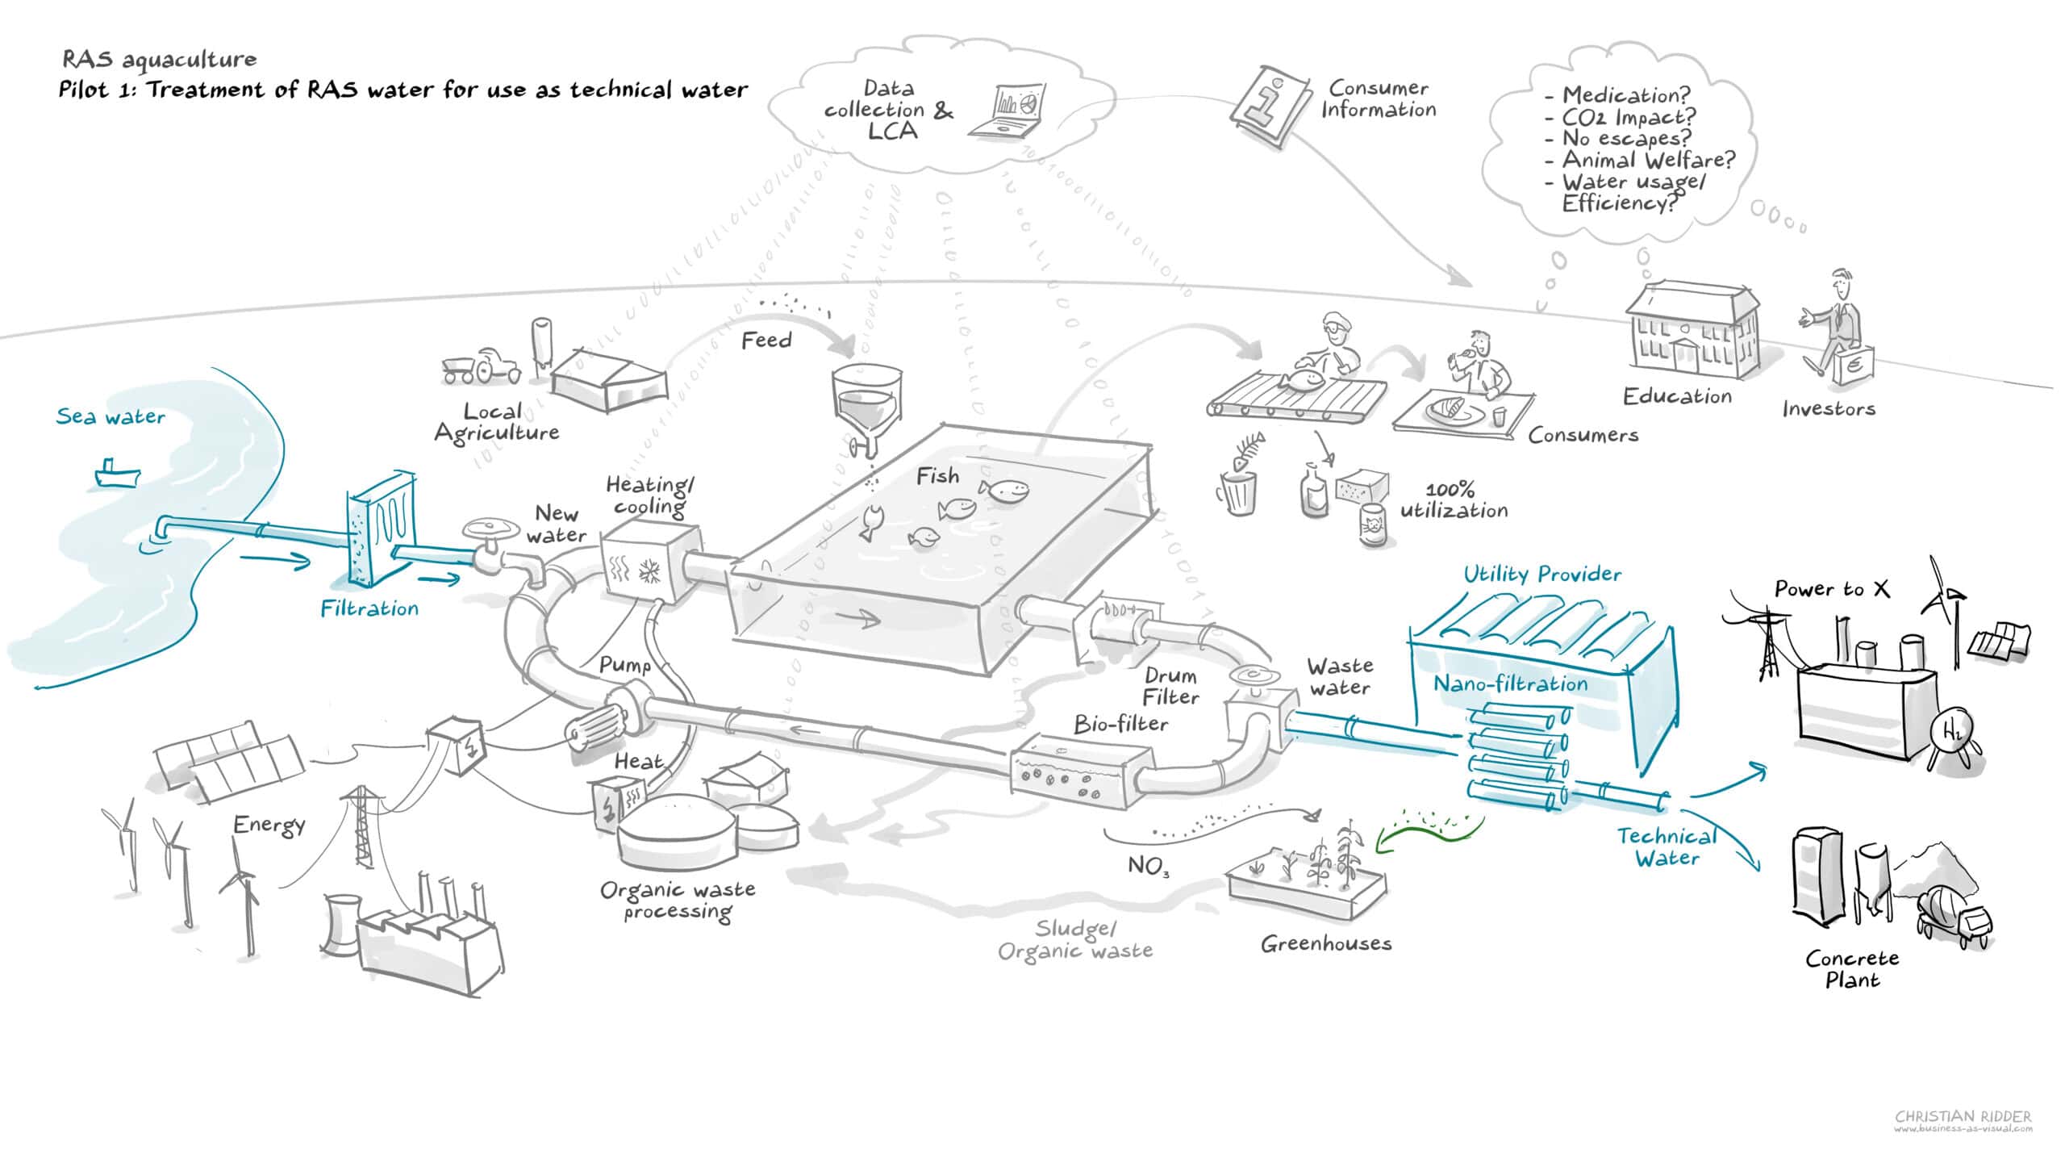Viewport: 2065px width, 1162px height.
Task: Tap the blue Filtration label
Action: coord(369,608)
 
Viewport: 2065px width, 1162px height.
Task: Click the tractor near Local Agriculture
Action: coord(482,366)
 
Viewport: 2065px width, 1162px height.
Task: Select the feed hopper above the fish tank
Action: coord(866,403)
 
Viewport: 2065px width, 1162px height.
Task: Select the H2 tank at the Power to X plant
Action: coord(1952,734)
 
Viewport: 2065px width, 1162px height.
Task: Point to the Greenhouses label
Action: coord(1326,943)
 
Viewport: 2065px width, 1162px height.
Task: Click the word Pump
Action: coord(624,666)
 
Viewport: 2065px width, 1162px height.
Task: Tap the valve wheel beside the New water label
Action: coord(490,529)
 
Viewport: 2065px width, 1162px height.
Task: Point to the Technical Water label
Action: coord(1667,847)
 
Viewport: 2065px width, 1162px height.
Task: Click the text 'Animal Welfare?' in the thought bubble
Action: coord(1647,160)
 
